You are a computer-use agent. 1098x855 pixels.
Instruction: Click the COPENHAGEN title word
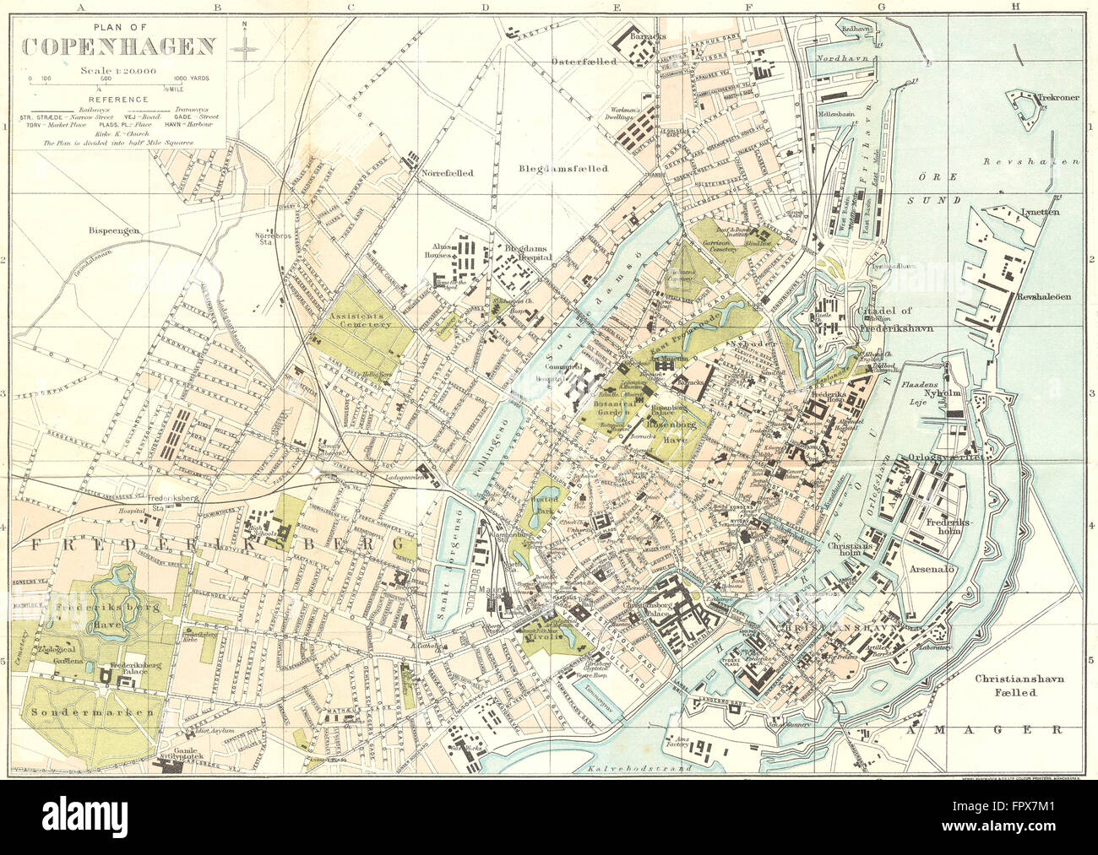coord(118,46)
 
